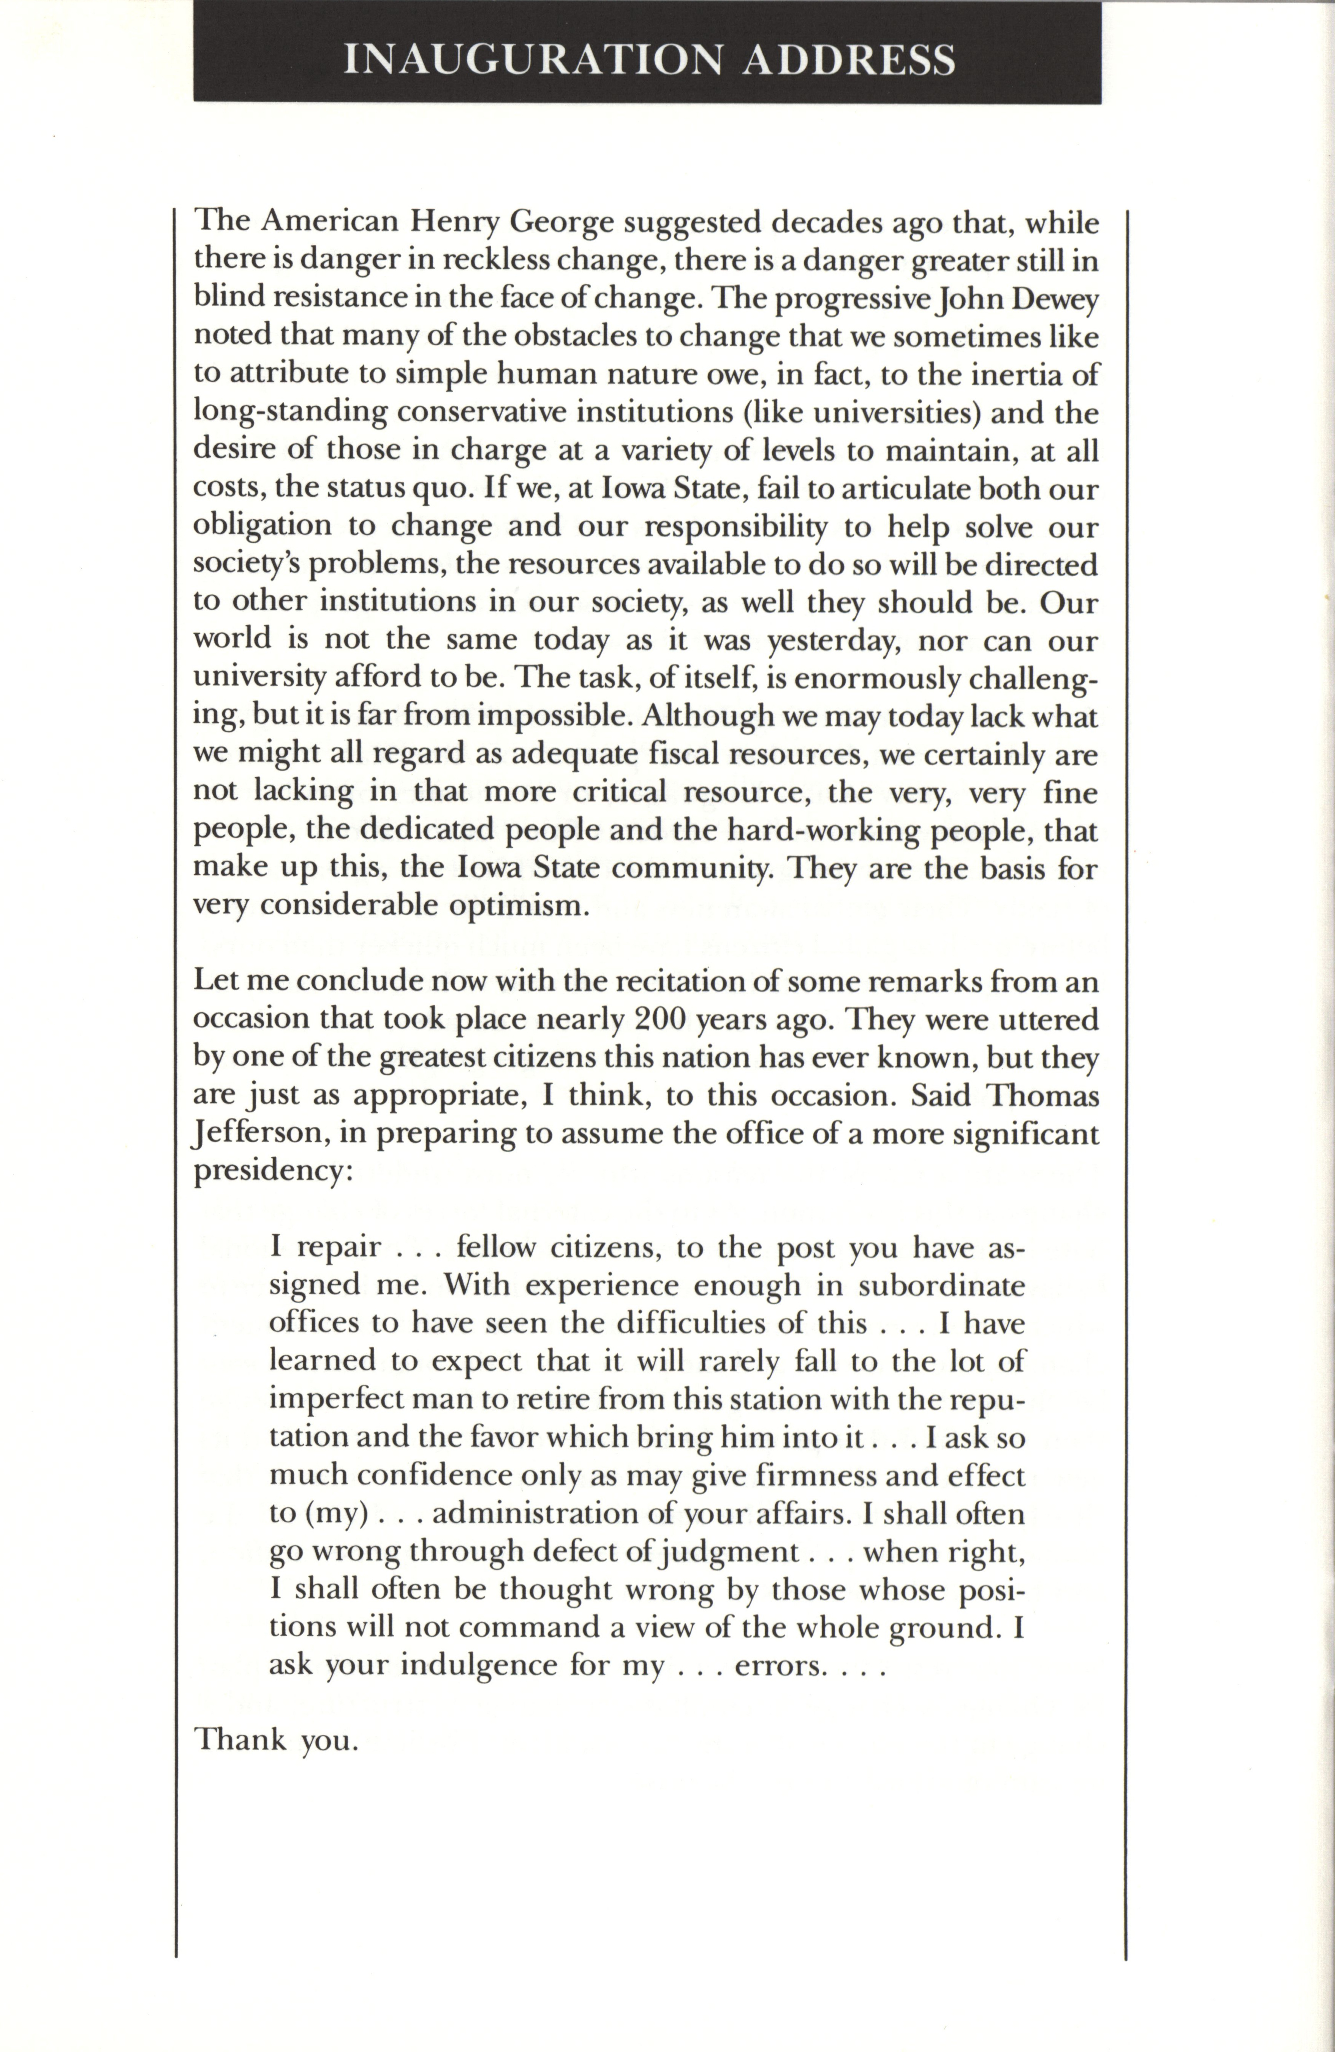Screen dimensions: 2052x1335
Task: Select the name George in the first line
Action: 562,223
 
